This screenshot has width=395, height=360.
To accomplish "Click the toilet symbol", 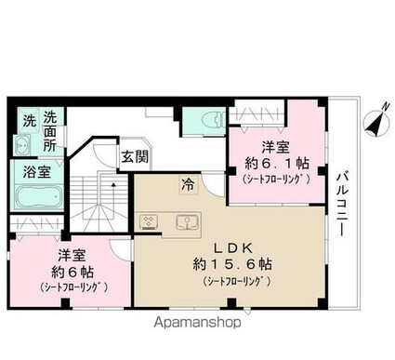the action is pyautogui.click(x=213, y=120).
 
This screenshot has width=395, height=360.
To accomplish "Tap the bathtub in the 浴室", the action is pyautogui.click(x=38, y=196).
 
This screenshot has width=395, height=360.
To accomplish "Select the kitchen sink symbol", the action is pyautogui.click(x=187, y=222).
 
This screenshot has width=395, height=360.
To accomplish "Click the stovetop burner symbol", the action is pyautogui.click(x=150, y=222).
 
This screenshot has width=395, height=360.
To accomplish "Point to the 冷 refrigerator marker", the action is pyautogui.click(x=189, y=185).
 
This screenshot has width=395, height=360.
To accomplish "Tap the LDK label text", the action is pyautogui.click(x=234, y=247).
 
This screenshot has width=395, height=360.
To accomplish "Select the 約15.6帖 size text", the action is pyautogui.click(x=233, y=264).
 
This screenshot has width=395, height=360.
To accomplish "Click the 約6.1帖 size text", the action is pyautogui.click(x=277, y=163).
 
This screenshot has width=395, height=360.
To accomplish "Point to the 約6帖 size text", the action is pyautogui.click(x=72, y=273).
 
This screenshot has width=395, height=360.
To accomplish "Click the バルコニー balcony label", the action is pyautogui.click(x=342, y=205).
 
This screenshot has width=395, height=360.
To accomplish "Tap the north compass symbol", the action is pyautogui.click(x=376, y=124).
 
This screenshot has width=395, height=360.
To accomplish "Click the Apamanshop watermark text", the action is pyautogui.click(x=198, y=323).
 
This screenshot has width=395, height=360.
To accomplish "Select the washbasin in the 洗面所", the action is pyautogui.click(x=22, y=145).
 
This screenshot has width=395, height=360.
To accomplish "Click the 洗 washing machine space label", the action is pyautogui.click(x=30, y=120).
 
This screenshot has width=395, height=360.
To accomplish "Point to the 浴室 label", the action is pyautogui.click(x=37, y=172).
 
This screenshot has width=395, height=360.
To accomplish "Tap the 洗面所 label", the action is pyautogui.click(x=49, y=131).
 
